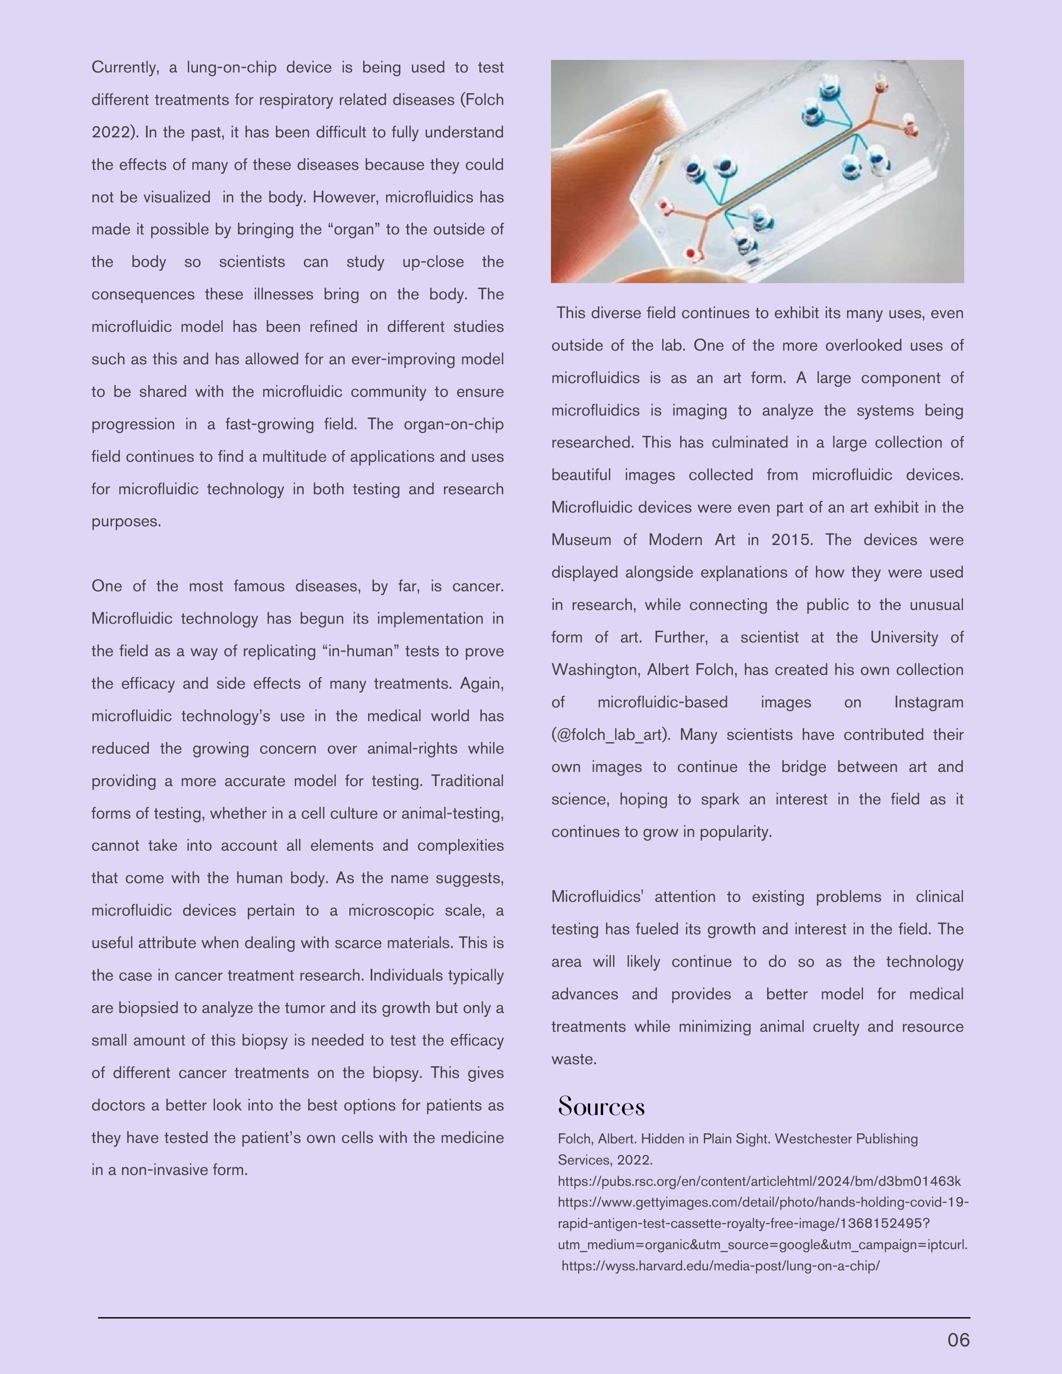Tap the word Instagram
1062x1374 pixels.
tap(928, 702)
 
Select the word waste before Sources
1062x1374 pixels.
tap(573, 1059)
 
